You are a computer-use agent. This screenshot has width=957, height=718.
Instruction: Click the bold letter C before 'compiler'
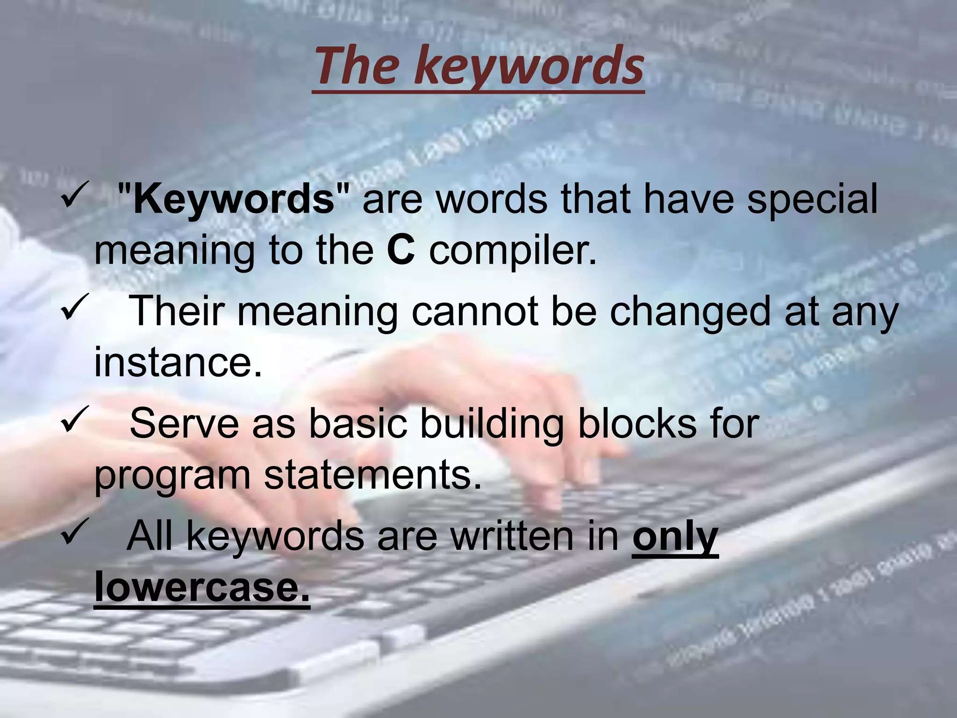pos(401,251)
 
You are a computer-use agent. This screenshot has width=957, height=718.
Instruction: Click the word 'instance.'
pos(178,363)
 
